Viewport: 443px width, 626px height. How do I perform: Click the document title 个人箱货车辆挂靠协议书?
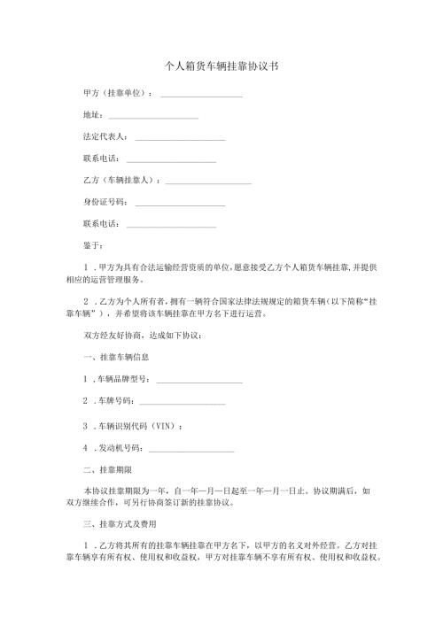222,66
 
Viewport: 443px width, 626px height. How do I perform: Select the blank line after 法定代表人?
180,139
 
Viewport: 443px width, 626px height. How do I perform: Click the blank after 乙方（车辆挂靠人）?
208,182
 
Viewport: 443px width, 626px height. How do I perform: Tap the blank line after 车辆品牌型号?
198,382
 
